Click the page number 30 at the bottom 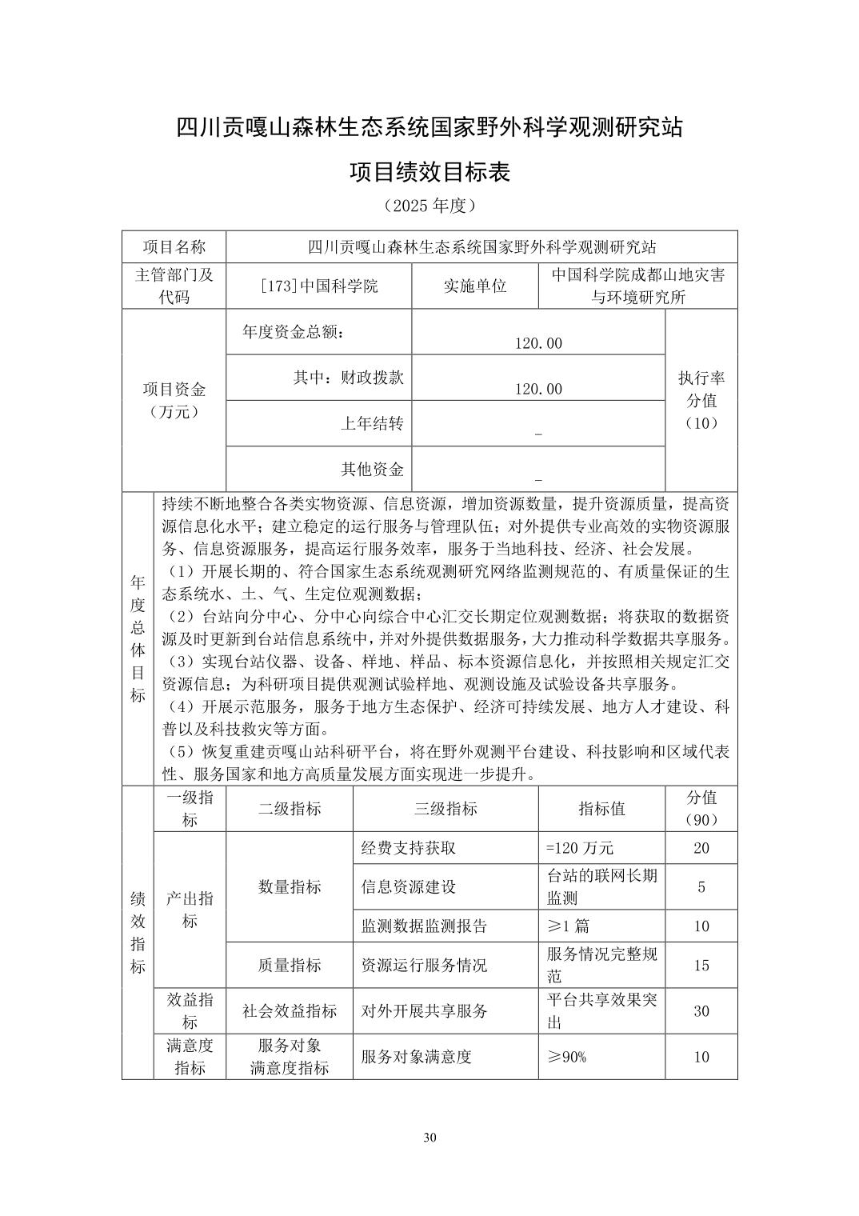click(x=429, y=1138)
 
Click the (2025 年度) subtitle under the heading click(x=429, y=206)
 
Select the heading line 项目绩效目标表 click(x=429, y=172)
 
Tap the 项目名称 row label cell click(x=174, y=246)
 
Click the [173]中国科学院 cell click(x=319, y=286)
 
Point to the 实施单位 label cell click(x=475, y=286)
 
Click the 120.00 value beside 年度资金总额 click(x=538, y=343)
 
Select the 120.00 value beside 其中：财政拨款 click(x=538, y=389)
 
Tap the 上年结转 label click(x=372, y=423)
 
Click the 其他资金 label click(x=372, y=469)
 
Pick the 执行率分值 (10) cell click(x=701, y=400)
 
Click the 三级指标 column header click(x=445, y=809)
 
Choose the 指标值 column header click(x=601, y=809)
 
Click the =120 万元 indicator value click(x=580, y=848)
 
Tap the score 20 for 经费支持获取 click(x=701, y=848)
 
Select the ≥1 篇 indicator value click(x=568, y=926)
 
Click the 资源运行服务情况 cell click(x=424, y=965)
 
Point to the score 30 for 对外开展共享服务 click(x=701, y=1011)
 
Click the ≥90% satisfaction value click(x=566, y=1057)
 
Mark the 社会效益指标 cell click(x=290, y=1011)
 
